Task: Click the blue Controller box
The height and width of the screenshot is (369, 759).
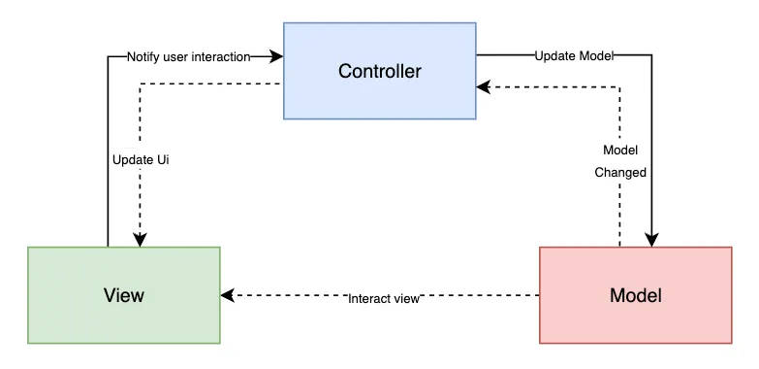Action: point(379,71)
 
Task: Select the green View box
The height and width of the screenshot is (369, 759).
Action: point(124,295)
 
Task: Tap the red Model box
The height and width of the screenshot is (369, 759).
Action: point(635,295)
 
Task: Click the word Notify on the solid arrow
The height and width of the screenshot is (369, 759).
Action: point(144,56)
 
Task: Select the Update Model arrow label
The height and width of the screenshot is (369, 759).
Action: point(575,56)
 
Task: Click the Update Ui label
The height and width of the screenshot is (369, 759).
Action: point(142,159)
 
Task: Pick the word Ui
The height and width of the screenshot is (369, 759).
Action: point(163,159)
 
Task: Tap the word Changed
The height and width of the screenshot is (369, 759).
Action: point(620,172)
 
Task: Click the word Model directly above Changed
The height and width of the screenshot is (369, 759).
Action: point(620,151)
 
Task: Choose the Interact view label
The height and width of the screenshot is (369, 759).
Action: point(384,299)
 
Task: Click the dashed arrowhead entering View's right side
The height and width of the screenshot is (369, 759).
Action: point(228,295)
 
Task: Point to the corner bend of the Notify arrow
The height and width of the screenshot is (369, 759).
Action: point(108,56)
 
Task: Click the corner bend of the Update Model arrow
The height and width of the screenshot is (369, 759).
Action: point(651,56)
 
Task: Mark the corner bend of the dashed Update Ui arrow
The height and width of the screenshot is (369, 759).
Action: point(141,85)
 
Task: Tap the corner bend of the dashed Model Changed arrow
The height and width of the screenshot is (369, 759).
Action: point(619,87)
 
